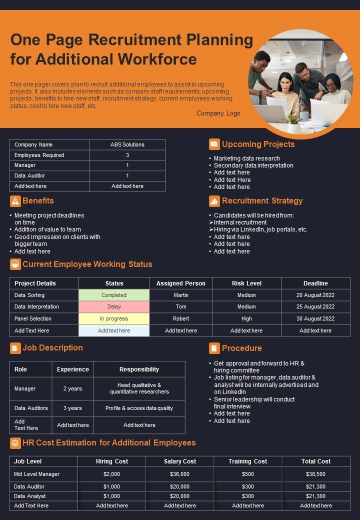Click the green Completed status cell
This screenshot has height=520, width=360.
tap(114, 295)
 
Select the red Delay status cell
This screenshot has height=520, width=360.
tap(114, 307)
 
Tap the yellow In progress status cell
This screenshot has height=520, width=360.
tap(114, 318)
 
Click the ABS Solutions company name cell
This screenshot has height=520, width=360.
tap(127, 144)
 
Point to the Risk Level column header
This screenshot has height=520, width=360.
tap(246, 283)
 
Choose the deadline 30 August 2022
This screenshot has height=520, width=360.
tap(315, 318)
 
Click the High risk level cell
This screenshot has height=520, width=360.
tap(246, 318)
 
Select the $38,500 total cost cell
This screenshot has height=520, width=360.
tap(316, 474)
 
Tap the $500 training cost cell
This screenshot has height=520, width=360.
tap(248, 474)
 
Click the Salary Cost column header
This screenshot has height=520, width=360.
tap(180, 461)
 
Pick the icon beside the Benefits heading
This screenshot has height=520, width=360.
tap(15, 201)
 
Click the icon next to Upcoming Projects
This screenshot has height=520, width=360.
tap(214, 144)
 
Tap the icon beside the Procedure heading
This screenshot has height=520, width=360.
tap(214, 348)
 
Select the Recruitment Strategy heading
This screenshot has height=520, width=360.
tap(262, 201)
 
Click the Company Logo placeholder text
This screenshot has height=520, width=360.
tap(218, 113)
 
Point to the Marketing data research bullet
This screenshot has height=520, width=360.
tap(246, 158)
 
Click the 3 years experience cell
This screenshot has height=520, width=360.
tap(73, 408)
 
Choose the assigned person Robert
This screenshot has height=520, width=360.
tap(181, 318)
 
